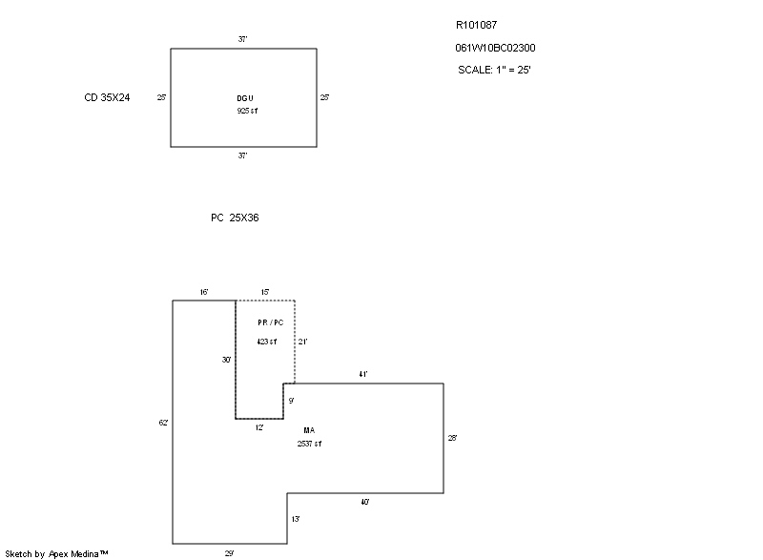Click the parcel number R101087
[x=476, y=26]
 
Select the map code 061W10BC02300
[x=488, y=48]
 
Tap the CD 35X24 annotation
[x=107, y=97]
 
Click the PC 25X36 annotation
[x=235, y=218]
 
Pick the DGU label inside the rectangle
[x=245, y=98]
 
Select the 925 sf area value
[x=248, y=111]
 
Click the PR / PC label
[x=270, y=322]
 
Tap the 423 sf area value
[x=267, y=341]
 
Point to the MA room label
[x=309, y=430]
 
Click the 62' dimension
[x=164, y=422]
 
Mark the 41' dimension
[x=363, y=375]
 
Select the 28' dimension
[x=453, y=438]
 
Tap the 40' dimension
[x=365, y=501]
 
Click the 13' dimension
[x=296, y=519]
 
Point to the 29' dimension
[x=229, y=551]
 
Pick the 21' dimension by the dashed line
[x=303, y=341]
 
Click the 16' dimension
[x=204, y=292]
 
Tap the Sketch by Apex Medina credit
[x=56, y=552]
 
